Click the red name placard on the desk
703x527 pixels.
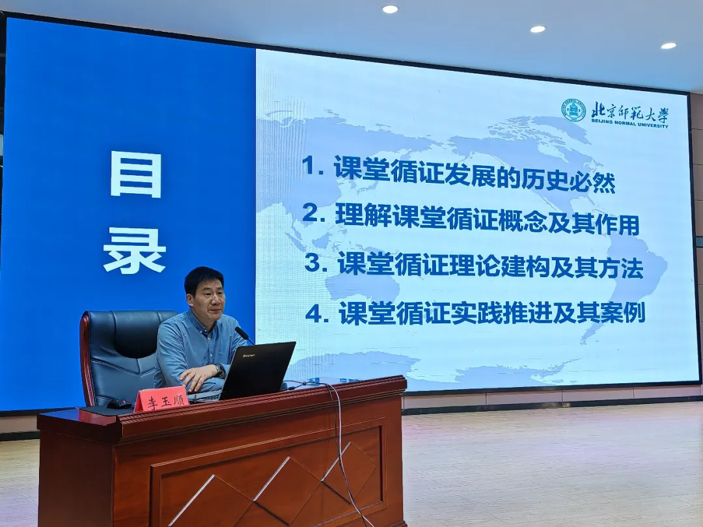[161, 398]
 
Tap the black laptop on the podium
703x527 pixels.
[257, 371]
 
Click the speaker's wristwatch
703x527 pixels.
[220, 370]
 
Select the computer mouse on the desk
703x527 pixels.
[119, 404]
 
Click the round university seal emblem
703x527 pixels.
[574, 110]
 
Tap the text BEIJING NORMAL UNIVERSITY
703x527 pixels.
[629, 123]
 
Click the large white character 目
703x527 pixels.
[136, 174]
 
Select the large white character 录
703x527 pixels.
[135, 250]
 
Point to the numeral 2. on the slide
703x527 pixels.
[314, 213]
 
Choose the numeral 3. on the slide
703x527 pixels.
[316, 262]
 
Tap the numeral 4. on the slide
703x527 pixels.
[317, 313]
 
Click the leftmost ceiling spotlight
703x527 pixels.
[390, 9]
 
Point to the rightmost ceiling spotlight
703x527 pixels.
[669, 46]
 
